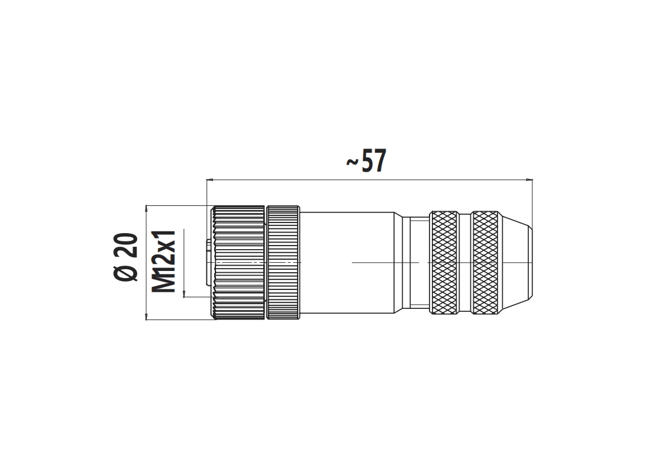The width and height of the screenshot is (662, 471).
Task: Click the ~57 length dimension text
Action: (366, 161)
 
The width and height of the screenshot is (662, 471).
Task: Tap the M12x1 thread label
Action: (163, 262)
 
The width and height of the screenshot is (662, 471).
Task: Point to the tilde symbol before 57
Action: (353, 162)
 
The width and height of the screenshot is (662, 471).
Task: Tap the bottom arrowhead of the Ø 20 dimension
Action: (146, 317)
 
